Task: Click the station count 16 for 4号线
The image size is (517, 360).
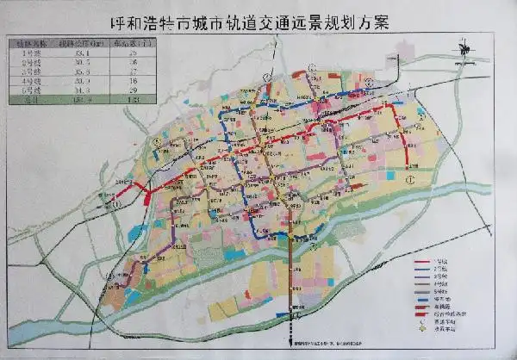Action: coord(132,79)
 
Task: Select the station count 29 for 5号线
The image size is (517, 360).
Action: coord(132,89)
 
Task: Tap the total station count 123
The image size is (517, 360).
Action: coord(132,99)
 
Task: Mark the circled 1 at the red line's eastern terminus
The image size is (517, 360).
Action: coord(412,179)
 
